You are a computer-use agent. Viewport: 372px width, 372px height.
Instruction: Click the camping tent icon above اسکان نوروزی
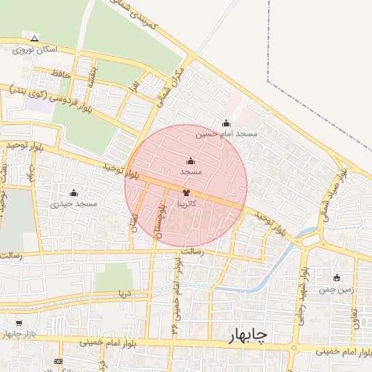tap(34, 38)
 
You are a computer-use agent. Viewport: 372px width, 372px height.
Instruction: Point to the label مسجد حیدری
tap(73, 204)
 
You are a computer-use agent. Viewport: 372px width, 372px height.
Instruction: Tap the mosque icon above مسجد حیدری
tap(73, 193)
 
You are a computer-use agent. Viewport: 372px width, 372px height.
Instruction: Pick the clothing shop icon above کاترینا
tap(186, 193)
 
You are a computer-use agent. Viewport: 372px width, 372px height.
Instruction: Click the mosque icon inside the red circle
tap(190, 161)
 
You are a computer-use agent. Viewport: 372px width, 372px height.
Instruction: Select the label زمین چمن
tap(336, 289)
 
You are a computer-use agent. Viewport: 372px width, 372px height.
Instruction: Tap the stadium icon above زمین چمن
tap(336, 278)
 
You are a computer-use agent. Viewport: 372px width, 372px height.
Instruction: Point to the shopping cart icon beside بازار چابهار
tap(17, 323)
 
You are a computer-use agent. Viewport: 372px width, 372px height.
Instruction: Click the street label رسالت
tap(190, 251)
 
